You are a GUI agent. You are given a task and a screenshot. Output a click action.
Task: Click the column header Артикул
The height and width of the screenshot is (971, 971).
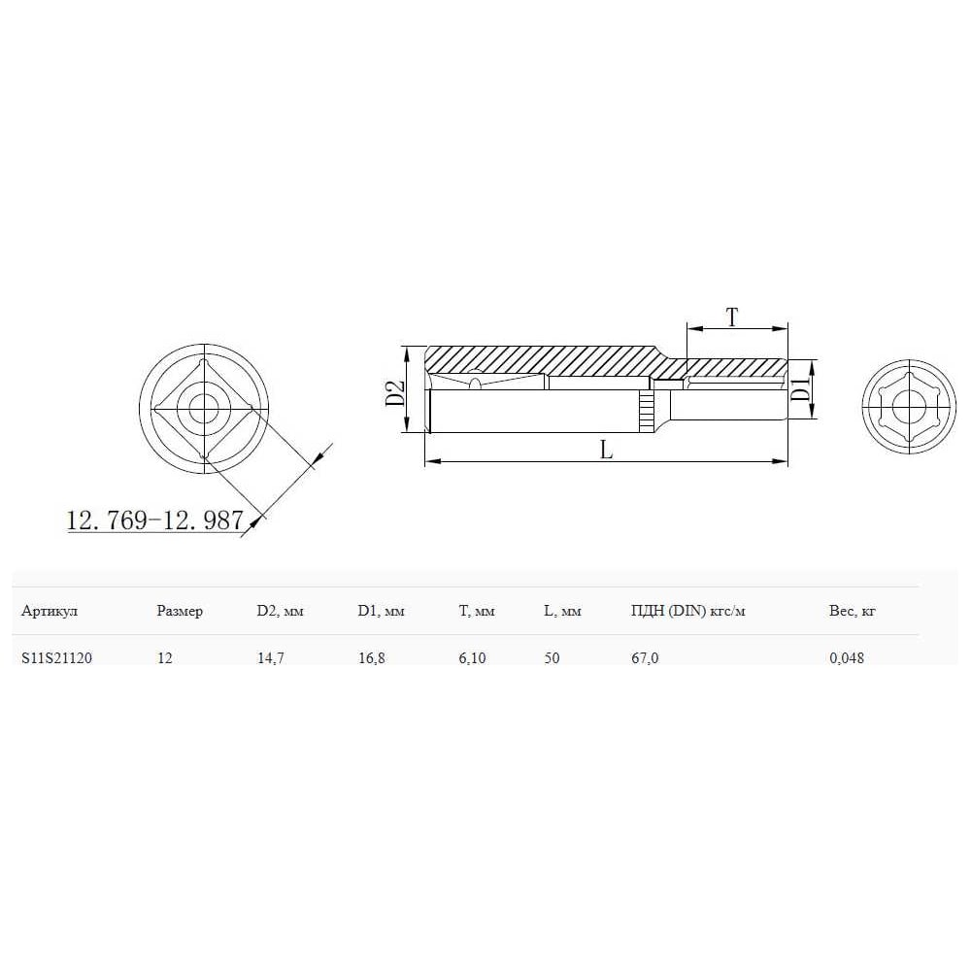(49, 611)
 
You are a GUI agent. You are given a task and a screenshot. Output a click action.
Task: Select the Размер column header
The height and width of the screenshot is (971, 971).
(180, 611)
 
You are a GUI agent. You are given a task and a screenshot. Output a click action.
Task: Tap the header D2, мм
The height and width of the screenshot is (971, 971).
(280, 611)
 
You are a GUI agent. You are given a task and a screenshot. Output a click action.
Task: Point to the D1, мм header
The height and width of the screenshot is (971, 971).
(381, 611)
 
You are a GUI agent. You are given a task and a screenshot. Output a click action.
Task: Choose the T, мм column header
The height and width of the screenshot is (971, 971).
(476, 611)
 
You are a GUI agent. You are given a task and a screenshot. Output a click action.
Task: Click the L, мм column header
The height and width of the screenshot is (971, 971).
(562, 611)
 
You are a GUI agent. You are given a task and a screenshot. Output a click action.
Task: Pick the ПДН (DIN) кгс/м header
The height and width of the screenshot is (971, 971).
(687, 611)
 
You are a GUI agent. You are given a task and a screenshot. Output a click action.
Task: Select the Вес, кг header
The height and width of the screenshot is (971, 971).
(853, 611)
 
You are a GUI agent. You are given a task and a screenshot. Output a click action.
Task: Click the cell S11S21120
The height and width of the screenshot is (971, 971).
(56, 657)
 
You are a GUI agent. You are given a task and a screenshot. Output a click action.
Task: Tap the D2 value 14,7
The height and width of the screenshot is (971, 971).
(271, 657)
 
